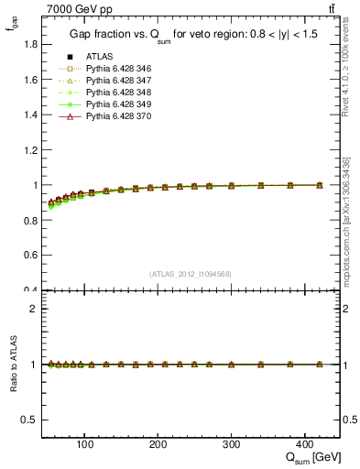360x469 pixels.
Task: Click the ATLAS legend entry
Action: tap(98, 56)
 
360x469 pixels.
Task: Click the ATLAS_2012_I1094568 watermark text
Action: tap(190, 273)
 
